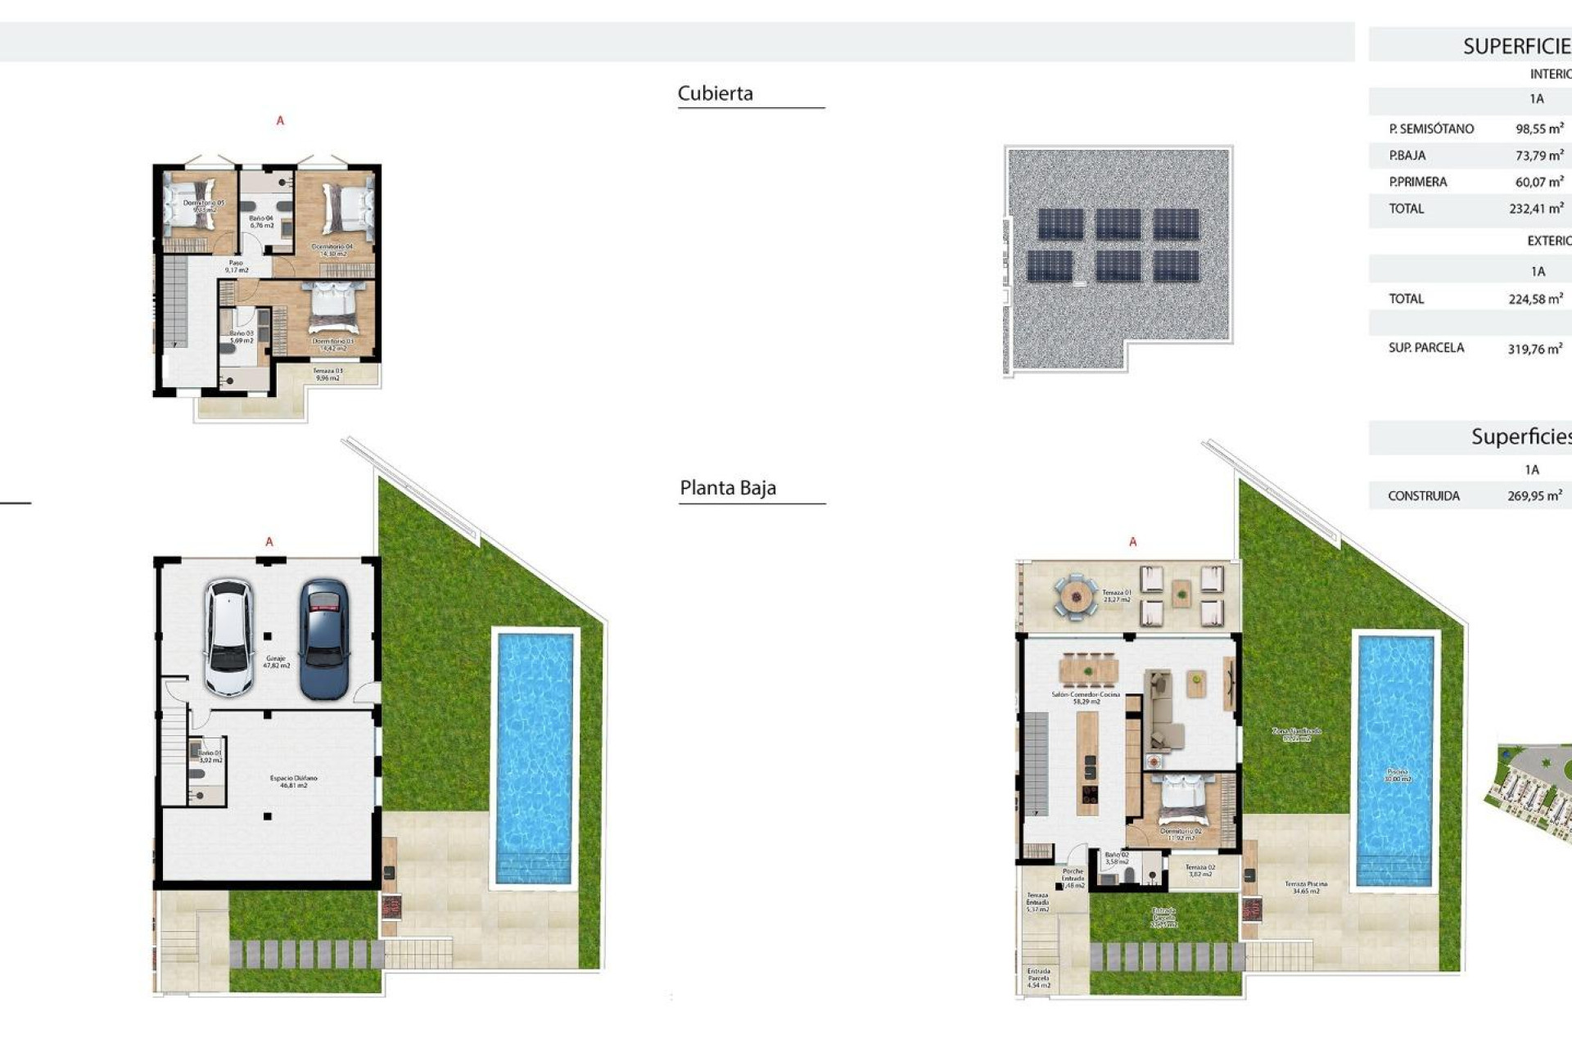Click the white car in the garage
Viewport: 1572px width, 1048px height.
(228, 638)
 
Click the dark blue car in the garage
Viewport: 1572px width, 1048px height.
(324, 639)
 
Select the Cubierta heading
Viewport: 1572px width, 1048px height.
(715, 93)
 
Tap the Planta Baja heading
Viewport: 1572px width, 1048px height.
(727, 488)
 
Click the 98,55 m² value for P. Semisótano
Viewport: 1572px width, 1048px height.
(1538, 129)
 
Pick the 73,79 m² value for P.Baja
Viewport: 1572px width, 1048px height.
(1538, 155)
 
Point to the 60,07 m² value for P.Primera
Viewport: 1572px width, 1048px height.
(1538, 182)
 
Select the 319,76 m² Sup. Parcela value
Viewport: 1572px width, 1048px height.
(1534, 349)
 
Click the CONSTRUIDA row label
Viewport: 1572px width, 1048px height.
(1423, 495)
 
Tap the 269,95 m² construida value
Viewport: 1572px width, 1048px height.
(1534, 495)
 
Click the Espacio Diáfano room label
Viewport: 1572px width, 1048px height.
(293, 781)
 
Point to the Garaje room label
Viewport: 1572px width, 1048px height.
(276, 662)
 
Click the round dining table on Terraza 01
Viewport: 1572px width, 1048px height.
(1074, 597)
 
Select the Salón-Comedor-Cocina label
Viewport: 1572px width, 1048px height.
(1086, 698)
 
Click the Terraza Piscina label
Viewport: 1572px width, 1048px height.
(1305, 888)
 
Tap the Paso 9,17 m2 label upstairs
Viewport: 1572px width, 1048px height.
(236, 266)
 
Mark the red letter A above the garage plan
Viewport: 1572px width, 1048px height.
(269, 542)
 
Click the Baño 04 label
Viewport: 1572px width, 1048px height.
(261, 221)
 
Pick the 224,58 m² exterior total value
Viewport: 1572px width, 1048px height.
(1535, 299)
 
